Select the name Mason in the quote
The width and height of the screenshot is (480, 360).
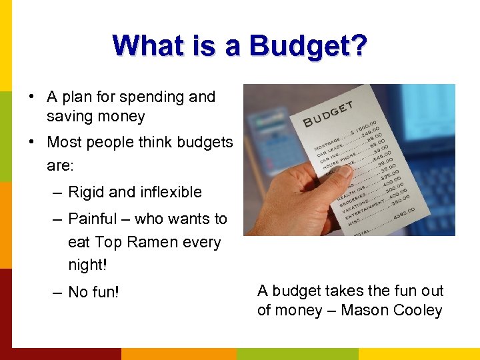point(363,310)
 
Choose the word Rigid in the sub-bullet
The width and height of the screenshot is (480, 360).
point(86,192)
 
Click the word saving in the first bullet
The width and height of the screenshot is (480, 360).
point(69,117)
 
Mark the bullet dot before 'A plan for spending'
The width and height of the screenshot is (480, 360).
point(32,97)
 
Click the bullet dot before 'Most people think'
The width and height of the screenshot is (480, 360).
point(32,142)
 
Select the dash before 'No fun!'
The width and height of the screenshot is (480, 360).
point(56,292)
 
